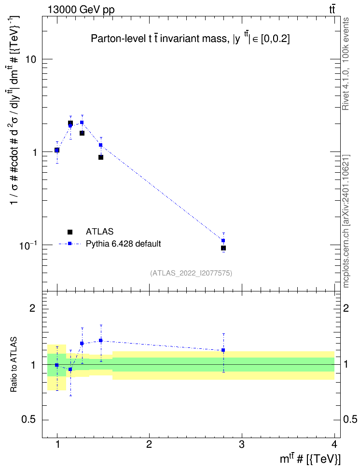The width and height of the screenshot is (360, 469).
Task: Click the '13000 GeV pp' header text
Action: [81, 10]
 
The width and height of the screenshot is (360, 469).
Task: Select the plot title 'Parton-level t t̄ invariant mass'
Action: [159, 39]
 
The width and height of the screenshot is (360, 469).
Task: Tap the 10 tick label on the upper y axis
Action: [30, 59]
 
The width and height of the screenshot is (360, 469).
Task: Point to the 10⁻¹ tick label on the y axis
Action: [28, 246]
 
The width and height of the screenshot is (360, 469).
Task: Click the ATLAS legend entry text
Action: [99, 232]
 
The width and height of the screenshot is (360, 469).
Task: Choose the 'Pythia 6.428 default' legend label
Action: [123, 244]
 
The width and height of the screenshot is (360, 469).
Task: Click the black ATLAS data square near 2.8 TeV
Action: [223, 248]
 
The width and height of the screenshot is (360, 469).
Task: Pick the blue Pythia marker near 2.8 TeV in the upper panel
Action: [223, 240]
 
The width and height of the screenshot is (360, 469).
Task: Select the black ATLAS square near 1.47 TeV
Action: [101, 157]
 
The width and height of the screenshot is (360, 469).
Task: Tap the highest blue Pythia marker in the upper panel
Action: [82, 123]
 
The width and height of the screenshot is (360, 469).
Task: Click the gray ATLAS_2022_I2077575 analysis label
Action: [191, 273]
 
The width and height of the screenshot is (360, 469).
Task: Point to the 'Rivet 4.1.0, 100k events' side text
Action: [346, 64]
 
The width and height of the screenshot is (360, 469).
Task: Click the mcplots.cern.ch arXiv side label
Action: [346, 221]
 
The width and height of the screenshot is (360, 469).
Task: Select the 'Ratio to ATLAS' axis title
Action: [14, 365]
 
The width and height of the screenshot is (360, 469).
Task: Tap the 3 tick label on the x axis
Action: [241, 444]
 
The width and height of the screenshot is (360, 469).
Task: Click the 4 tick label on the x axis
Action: [334, 444]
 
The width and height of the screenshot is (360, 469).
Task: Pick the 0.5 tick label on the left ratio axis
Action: [28, 420]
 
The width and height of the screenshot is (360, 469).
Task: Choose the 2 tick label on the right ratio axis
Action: [346, 308]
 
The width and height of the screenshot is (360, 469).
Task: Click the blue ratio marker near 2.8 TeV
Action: [223, 350]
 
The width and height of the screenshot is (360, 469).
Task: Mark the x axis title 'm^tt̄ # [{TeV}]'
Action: [310, 458]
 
